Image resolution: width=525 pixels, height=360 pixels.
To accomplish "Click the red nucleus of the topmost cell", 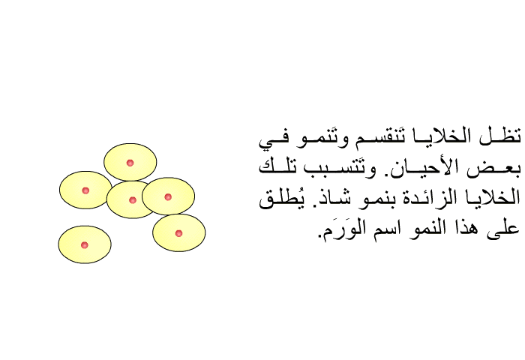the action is pos(130,163).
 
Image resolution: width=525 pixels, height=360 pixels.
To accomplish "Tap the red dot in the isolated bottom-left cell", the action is pos(85,245).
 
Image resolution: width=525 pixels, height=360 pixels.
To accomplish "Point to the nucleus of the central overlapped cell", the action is pos(133,200).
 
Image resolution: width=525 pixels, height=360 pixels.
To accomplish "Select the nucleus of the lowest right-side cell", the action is pos(178,233).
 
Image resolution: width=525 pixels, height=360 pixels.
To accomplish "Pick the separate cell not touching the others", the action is pos(85,244).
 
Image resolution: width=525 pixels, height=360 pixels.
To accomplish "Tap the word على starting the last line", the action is pos(503,229).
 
